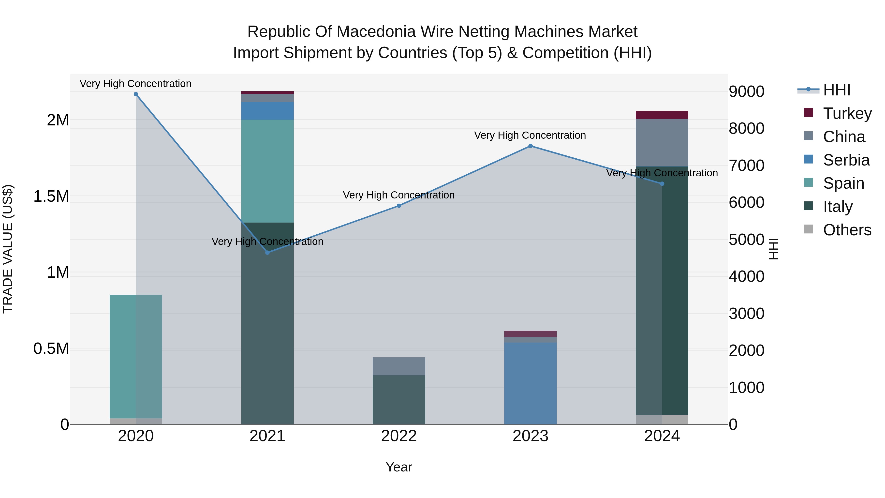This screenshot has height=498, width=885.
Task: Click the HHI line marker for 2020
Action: (136, 94)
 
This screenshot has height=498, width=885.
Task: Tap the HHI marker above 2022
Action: (399, 206)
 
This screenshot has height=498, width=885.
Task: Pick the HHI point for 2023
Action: (531, 146)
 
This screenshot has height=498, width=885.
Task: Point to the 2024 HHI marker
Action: (662, 184)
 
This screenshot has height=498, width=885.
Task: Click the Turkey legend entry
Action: (847, 113)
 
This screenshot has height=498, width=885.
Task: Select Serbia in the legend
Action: (846, 160)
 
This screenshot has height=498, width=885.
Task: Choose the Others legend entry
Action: (847, 230)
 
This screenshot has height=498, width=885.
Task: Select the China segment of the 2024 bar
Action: (662, 143)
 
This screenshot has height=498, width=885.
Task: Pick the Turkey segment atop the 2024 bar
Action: (662, 115)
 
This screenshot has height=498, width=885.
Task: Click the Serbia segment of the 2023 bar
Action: (531, 383)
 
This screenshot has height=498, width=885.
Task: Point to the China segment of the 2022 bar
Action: (399, 366)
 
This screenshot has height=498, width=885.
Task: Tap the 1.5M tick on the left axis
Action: (51, 196)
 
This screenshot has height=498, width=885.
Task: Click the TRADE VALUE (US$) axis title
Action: (8, 249)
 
